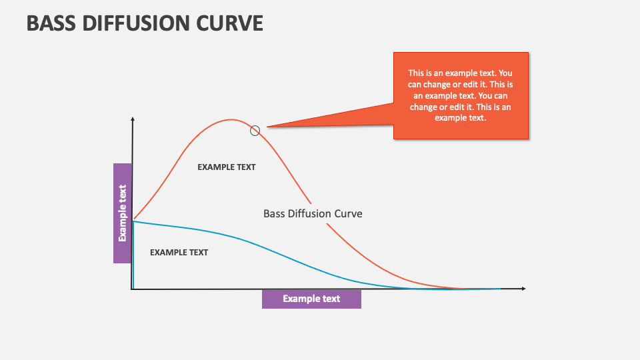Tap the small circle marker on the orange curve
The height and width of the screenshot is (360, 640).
(255, 131)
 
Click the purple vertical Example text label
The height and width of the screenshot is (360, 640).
(122, 213)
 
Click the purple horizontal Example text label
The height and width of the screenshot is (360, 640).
(311, 299)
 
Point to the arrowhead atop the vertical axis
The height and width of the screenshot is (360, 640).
(133, 119)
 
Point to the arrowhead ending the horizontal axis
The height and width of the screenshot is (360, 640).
(523, 289)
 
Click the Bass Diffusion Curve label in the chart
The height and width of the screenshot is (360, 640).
(313, 214)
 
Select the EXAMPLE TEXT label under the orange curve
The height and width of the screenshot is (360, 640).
(226, 167)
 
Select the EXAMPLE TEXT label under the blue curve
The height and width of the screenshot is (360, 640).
(179, 253)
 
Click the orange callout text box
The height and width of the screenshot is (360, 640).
(460, 95)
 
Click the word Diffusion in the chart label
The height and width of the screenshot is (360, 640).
(312, 214)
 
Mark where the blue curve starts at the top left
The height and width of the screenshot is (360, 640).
(134, 221)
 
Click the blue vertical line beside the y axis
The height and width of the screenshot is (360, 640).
(133, 257)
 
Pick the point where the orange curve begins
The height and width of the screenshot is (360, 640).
(135, 218)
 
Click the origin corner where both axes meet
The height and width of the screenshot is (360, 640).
(133, 289)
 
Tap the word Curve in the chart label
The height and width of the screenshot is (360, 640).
(349, 214)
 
